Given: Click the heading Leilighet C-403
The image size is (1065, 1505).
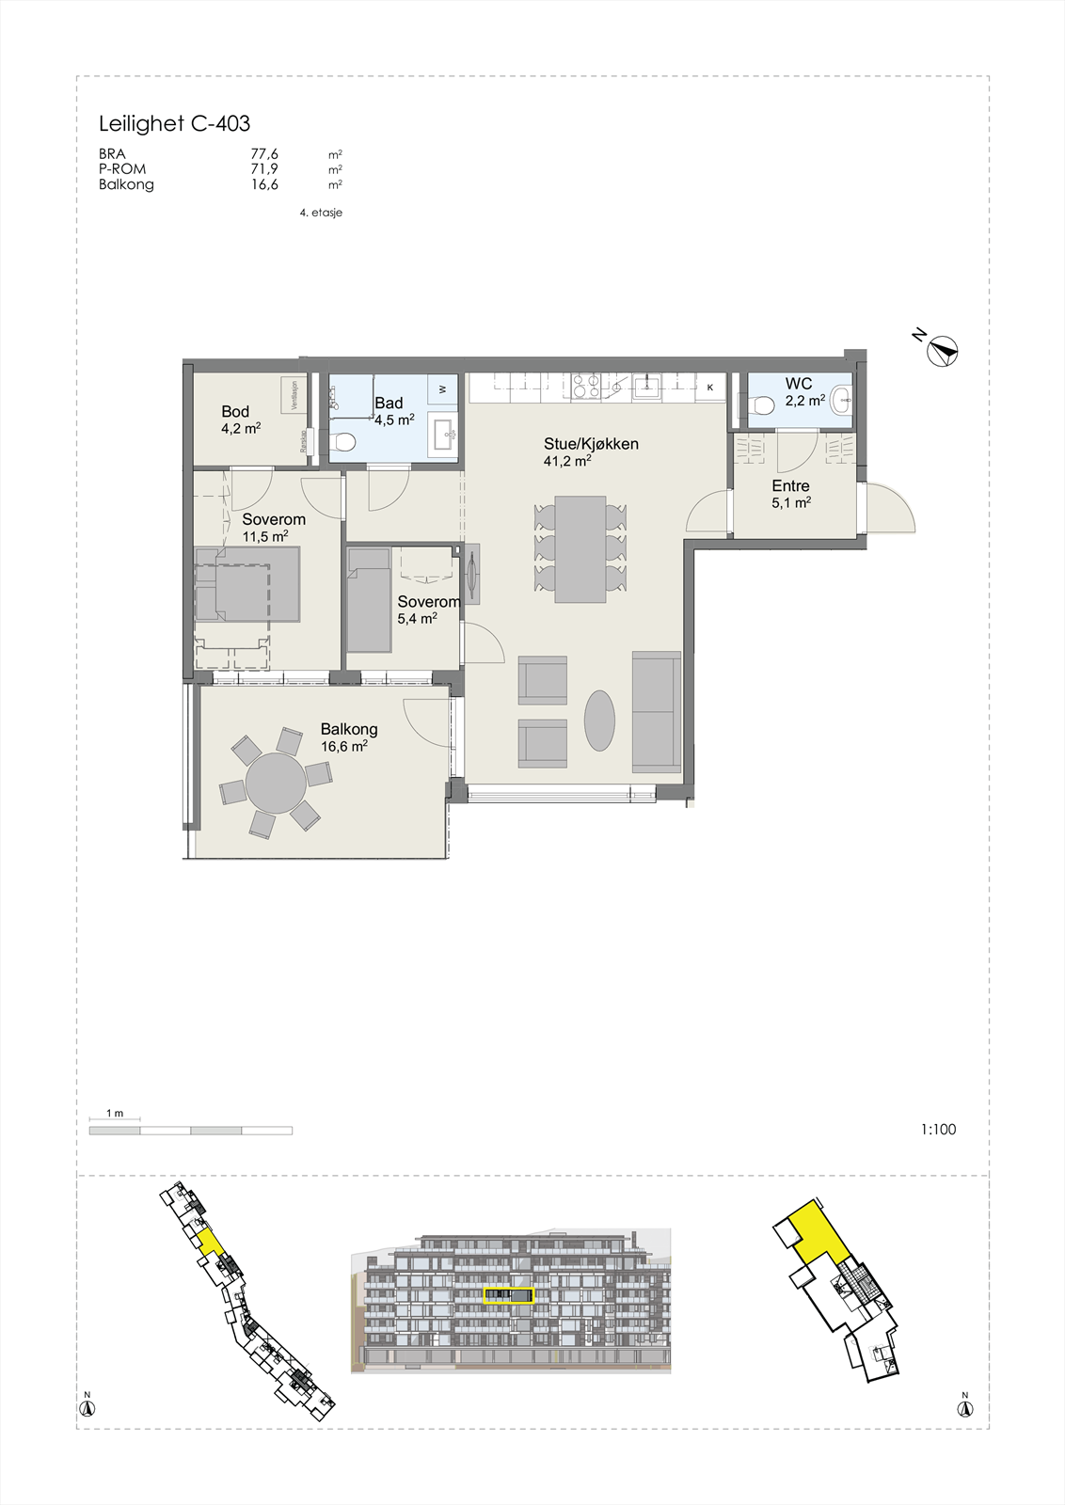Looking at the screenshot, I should point(174,123).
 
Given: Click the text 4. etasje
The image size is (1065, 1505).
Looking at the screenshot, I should point(321,213).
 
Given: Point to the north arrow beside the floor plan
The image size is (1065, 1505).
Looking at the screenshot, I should point(944,351).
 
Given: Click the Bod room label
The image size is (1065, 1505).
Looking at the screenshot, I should point(235,411).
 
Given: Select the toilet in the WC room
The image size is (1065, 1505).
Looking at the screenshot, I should point(764,404).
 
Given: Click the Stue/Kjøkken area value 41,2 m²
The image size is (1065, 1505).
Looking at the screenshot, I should point(566,462).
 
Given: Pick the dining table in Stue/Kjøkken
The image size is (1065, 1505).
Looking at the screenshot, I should point(580,549).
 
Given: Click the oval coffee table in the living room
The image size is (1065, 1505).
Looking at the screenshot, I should point(599,721).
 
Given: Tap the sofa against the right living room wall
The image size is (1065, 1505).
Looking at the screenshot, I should point(657,711).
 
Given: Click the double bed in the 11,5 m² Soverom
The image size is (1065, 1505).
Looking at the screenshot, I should point(246,585).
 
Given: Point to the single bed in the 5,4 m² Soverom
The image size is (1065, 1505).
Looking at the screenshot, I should point(369,602).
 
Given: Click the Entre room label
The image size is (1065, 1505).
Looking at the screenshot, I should point(790,486).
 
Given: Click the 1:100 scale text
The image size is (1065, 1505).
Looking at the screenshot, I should point(938,1130).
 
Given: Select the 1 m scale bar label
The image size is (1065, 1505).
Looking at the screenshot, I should point(115,1114).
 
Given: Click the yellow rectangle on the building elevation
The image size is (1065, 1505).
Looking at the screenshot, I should point(508,1296).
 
